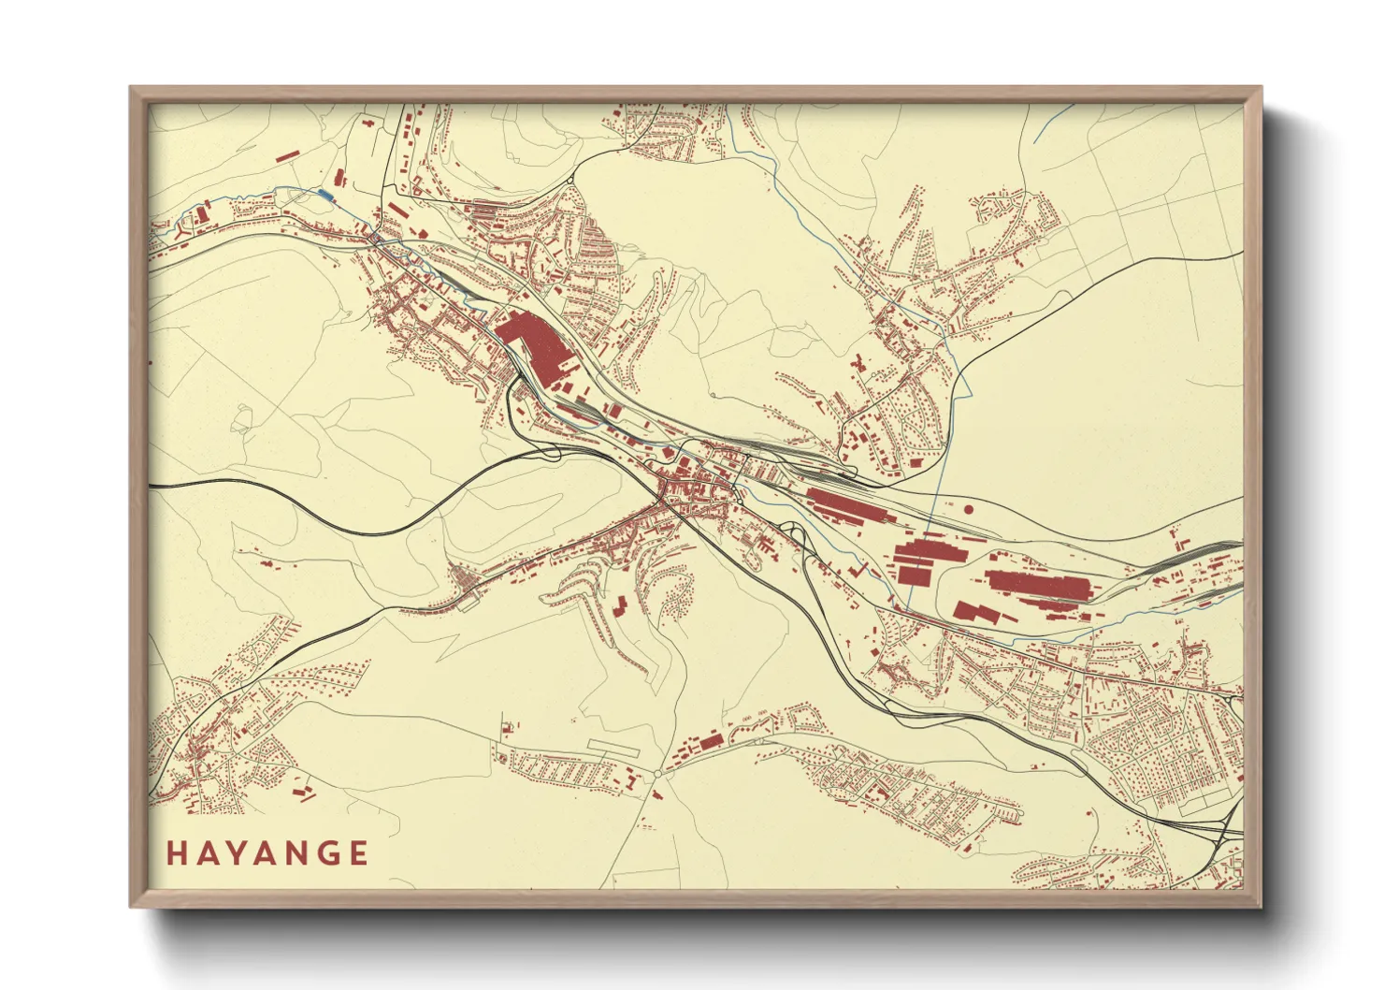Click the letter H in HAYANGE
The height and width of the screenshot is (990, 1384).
pyautogui.click(x=176, y=853)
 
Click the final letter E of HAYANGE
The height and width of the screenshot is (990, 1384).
pyautogui.click(x=358, y=853)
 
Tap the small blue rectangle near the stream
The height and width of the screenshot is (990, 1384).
pyautogui.click(x=324, y=193)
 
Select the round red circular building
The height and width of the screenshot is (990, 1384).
pyautogui.click(x=968, y=509)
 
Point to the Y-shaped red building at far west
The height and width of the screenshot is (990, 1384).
pyautogui.click(x=201, y=216)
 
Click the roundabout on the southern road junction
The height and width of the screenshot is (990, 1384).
pyautogui.click(x=657, y=774)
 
